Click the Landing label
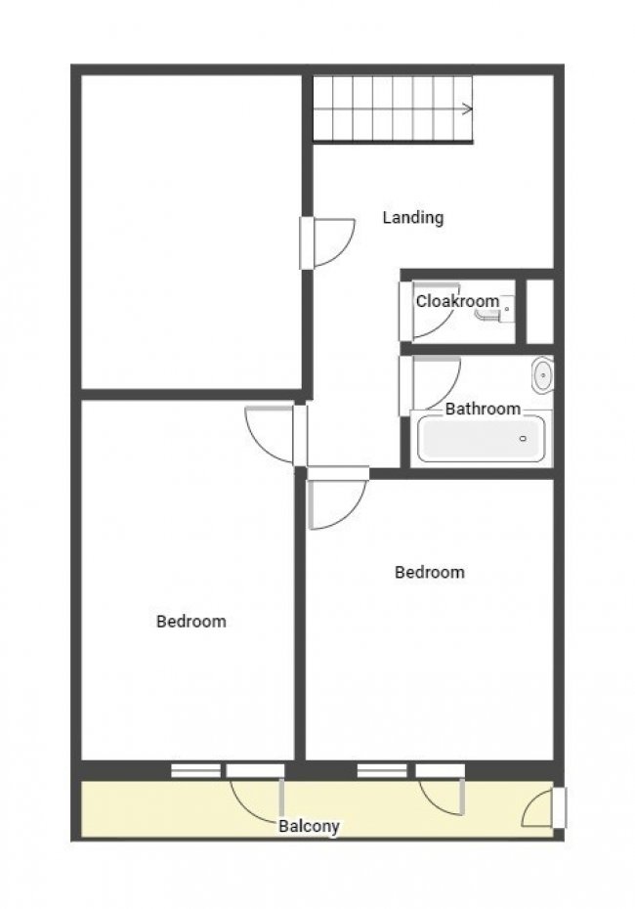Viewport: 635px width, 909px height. [412, 217]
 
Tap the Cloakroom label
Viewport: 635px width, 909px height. [457, 301]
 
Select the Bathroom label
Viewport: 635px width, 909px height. [483, 409]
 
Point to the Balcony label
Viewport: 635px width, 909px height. [309, 826]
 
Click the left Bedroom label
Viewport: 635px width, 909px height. [191, 621]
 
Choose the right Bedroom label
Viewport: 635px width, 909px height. [429, 572]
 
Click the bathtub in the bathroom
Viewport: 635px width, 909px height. [481, 439]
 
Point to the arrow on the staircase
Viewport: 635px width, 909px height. [467, 108]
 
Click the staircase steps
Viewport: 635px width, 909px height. [391, 108]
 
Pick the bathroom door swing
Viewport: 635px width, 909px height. [432, 383]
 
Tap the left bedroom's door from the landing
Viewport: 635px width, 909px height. [270, 433]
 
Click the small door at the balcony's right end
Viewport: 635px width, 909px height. [542, 809]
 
